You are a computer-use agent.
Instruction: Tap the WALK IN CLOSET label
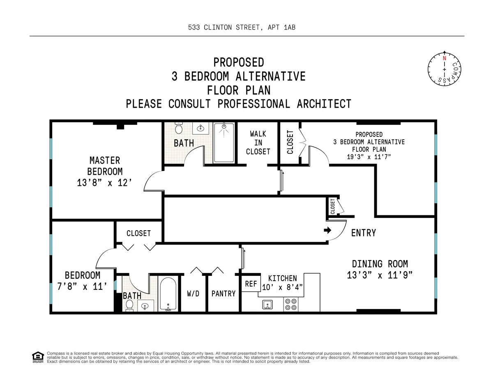tap(258, 143)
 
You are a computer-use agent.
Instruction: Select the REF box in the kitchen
tap(251, 284)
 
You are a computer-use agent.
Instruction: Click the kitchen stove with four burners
tap(291, 304)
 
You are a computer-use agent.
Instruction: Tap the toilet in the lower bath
tap(129, 305)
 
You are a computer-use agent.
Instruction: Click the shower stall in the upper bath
tap(224, 142)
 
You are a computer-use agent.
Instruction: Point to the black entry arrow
tap(327, 231)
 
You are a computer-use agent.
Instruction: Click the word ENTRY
tap(364, 233)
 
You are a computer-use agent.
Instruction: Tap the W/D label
tap(194, 293)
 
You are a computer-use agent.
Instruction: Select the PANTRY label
tap(223, 293)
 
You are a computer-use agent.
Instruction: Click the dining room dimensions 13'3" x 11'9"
tap(380, 275)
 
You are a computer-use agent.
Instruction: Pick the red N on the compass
tap(444, 58)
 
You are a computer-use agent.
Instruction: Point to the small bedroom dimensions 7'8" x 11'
tap(82, 287)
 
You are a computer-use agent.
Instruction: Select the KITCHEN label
tap(282, 279)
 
